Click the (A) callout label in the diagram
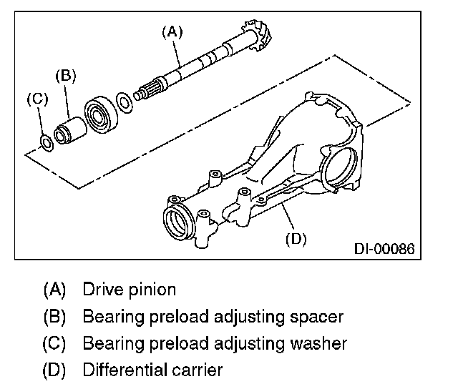[172, 31]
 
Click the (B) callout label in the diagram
[65, 75]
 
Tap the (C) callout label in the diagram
[38, 99]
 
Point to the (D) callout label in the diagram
[296, 238]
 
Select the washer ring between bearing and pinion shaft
[125, 102]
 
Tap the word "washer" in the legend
[318, 343]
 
